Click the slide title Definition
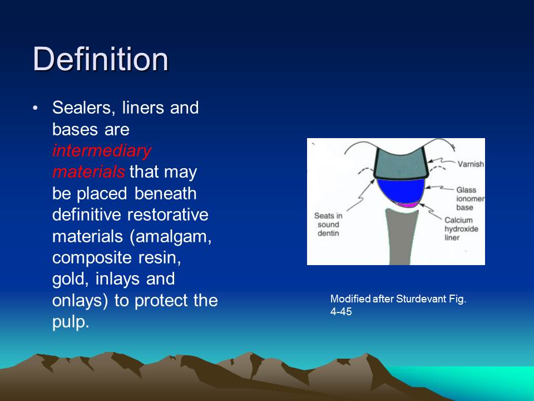(101, 58)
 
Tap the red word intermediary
(102, 151)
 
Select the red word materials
(88, 172)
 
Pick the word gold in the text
(71, 280)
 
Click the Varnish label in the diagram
(471, 164)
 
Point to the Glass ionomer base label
(470, 198)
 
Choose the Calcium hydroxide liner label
(461, 229)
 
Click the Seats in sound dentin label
(328, 224)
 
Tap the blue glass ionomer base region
(401, 190)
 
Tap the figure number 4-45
(341, 312)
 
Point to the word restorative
(167, 215)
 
